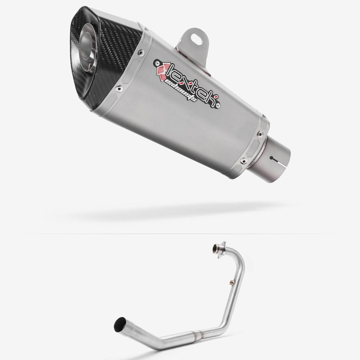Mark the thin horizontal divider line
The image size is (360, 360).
180,234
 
